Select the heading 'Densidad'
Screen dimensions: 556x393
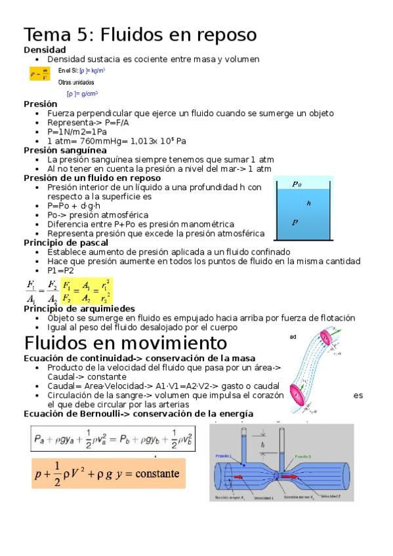(45, 50)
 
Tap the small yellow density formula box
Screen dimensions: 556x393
(39, 74)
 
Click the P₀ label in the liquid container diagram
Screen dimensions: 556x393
(297, 184)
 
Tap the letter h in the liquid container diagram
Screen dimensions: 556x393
(308, 203)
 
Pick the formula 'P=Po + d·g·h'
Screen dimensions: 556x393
(79, 206)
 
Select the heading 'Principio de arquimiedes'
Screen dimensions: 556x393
(79, 309)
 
